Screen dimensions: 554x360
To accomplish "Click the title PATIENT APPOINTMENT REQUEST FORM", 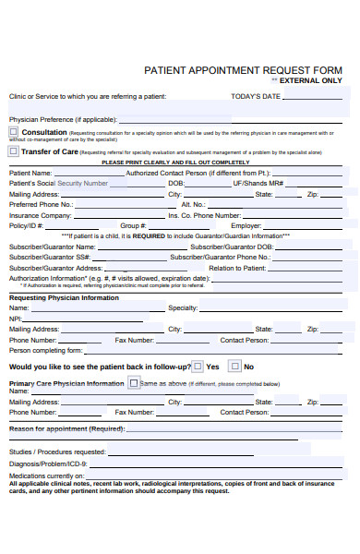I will (243, 70).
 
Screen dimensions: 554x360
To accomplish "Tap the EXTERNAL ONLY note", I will (310, 81).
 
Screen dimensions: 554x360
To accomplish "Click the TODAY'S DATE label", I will (255, 96).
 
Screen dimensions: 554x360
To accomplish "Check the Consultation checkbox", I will (14, 132).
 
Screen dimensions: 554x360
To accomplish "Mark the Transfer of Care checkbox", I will (14, 151).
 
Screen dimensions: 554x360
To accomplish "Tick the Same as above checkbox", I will (134, 382).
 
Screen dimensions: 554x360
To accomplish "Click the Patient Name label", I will (30, 173).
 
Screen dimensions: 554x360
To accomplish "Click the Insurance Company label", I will (40, 215).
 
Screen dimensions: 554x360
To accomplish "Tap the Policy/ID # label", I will (26, 225).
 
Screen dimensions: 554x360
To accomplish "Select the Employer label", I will (246, 225).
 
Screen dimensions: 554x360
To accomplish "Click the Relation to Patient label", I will (238, 268).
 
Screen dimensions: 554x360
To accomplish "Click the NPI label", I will (15, 319).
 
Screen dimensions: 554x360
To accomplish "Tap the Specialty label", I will (182, 307).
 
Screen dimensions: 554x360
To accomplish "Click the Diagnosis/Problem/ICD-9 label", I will (48, 464).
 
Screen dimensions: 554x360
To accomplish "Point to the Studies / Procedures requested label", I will (57, 452).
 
